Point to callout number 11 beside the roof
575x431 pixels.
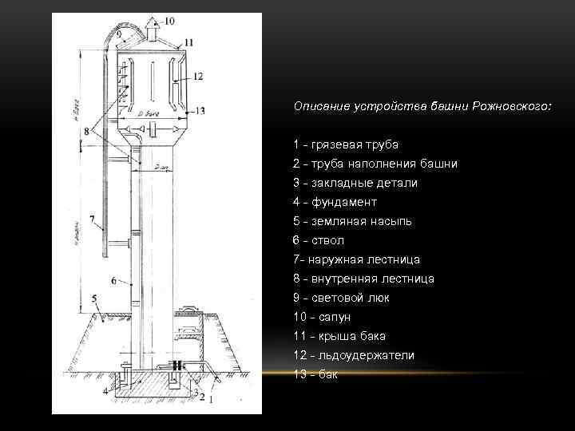(x=188, y=42)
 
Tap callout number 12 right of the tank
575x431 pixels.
(x=198, y=76)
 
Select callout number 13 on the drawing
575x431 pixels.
(x=200, y=110)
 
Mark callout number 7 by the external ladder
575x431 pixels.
(x=94, y=217)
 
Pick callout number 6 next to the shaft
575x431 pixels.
(x=115, y=280)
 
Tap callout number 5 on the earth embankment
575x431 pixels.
(x=94, y=299)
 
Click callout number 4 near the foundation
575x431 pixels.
(x=105, y=391)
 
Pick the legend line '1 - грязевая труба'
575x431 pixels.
(x=345, y=144)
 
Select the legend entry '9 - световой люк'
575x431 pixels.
(x=341, y=298)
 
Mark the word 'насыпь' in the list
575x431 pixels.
(x=387, y=221)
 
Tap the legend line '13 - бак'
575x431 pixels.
(x=315, y=374)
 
